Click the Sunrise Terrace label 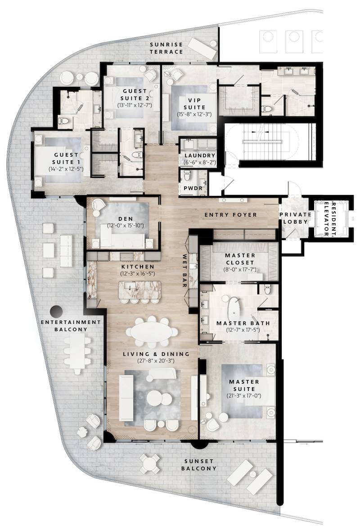(167, 48)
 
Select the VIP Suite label (194, 104)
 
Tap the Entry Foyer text (231, 215)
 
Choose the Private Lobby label (295, 218)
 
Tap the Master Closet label (240, 259)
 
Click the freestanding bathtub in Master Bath (234, 308)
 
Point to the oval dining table (152, 332)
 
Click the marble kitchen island (139, 288)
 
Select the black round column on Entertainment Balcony (57, 311)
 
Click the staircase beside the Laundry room (265, 141)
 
